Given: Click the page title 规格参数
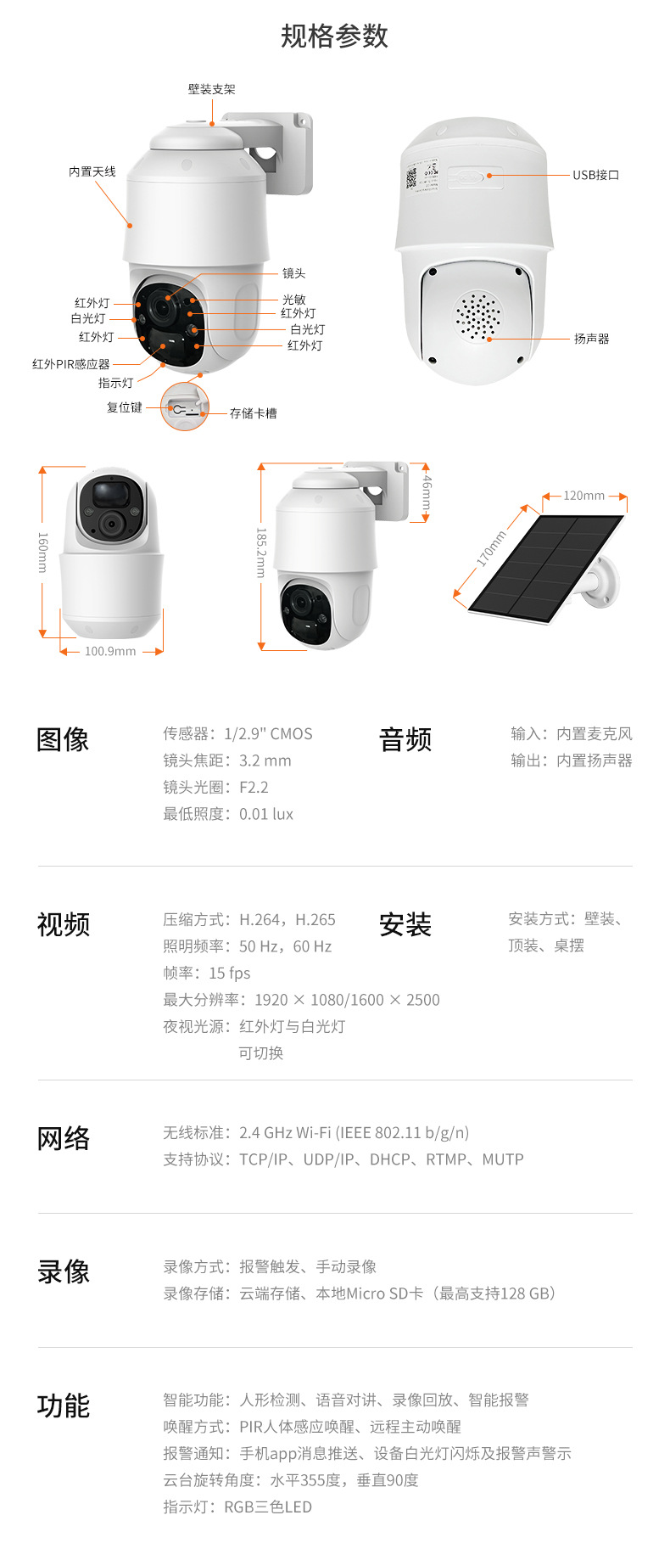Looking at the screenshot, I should [334, 36].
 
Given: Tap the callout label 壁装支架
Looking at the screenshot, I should [211, 89].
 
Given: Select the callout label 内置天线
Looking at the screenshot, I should [92, 171].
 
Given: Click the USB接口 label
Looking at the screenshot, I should [595, 175].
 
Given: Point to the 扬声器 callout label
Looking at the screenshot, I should [591, 339].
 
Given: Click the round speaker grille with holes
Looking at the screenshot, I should [477, 317].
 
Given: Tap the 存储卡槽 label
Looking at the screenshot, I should [253, 413].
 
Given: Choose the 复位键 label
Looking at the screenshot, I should [124, 407].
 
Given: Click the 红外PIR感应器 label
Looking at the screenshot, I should [71, 364].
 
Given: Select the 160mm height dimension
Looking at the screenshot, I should [42, 552].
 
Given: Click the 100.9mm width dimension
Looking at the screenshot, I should [110, 651].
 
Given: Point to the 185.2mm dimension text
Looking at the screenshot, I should [261, 553].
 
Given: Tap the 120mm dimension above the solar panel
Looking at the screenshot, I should [584, 496].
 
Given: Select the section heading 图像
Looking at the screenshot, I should [63, 739].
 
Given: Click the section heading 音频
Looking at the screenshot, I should [405, 739].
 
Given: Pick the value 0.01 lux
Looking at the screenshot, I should [266, 814].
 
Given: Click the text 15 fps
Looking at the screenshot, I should [230, 973].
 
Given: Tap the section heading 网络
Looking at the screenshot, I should [63, 1138].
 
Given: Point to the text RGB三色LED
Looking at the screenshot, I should [268, 1507].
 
